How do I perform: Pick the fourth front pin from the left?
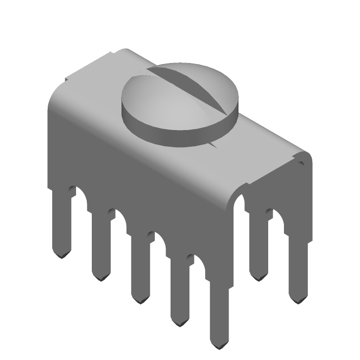(x=179, y=292)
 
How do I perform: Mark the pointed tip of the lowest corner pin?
(x=220, y=346)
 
